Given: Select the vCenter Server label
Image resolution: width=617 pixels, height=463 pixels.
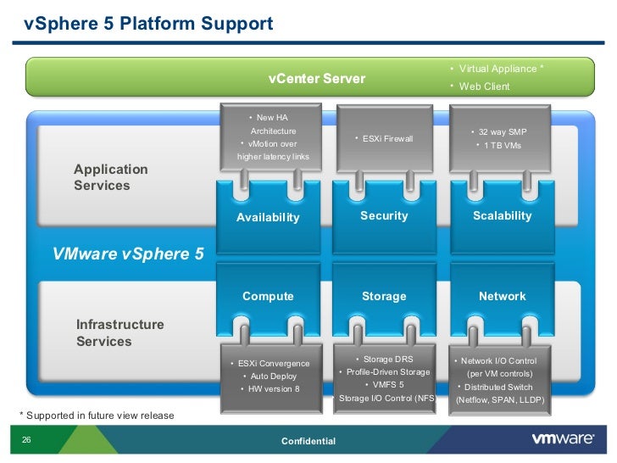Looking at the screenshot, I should pos(316,79).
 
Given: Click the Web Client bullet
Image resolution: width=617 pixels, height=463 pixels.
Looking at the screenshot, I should pos(482,86).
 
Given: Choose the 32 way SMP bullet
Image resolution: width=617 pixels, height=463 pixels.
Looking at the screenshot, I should pos(502,132).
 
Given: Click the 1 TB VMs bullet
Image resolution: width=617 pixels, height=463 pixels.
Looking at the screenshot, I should pos(502,146).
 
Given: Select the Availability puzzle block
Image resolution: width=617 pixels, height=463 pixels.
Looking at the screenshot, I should pos(268,216).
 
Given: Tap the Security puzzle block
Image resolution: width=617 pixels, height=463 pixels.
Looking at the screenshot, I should pos(384,215).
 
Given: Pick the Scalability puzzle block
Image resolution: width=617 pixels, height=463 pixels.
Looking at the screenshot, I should pos(502,215).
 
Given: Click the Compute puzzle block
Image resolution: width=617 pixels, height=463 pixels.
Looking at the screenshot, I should pos(268,296).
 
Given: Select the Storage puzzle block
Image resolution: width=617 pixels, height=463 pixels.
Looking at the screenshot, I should pos(384,296).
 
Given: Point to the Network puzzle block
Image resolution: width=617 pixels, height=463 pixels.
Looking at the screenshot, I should pos(502,296).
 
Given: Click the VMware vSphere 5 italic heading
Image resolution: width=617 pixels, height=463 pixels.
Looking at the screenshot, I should pos(128,253).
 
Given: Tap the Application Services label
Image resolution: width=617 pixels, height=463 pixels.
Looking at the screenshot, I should pos(111,177).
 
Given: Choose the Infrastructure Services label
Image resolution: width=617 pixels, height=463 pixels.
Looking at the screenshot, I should pos(120,333).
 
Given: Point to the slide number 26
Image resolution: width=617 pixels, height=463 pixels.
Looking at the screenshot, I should pos(26,440).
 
